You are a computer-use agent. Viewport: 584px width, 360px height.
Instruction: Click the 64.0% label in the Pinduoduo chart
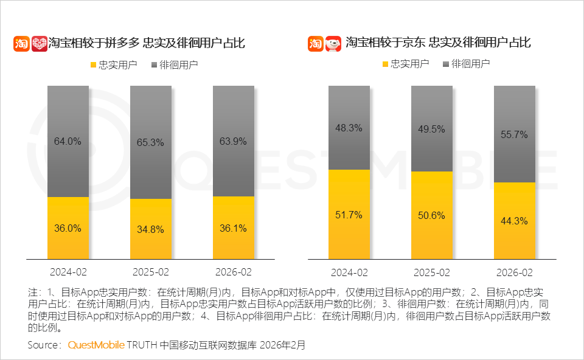tap(68, 141)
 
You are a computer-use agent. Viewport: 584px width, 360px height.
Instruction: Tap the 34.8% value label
tap(150, 229)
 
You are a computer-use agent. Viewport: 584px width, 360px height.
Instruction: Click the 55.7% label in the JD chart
tap(514, 134)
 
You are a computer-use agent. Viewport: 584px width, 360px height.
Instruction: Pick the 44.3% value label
tap(514, 221)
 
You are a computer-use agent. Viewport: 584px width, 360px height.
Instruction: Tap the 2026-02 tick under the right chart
tap(514, 272)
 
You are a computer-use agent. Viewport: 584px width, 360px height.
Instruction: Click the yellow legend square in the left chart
tap(93, 64)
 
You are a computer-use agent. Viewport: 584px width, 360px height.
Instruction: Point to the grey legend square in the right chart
tap(446, 64)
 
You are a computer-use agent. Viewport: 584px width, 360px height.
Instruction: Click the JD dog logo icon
tap(333, 43)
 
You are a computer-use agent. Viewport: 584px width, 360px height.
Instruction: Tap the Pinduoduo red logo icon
tap(40, 43)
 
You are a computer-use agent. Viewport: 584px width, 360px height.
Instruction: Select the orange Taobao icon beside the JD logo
tap(315, 43)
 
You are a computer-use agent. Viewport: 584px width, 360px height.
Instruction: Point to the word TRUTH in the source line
tap(142, 345)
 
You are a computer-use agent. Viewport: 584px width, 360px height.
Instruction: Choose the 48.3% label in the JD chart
tap(349, 128)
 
